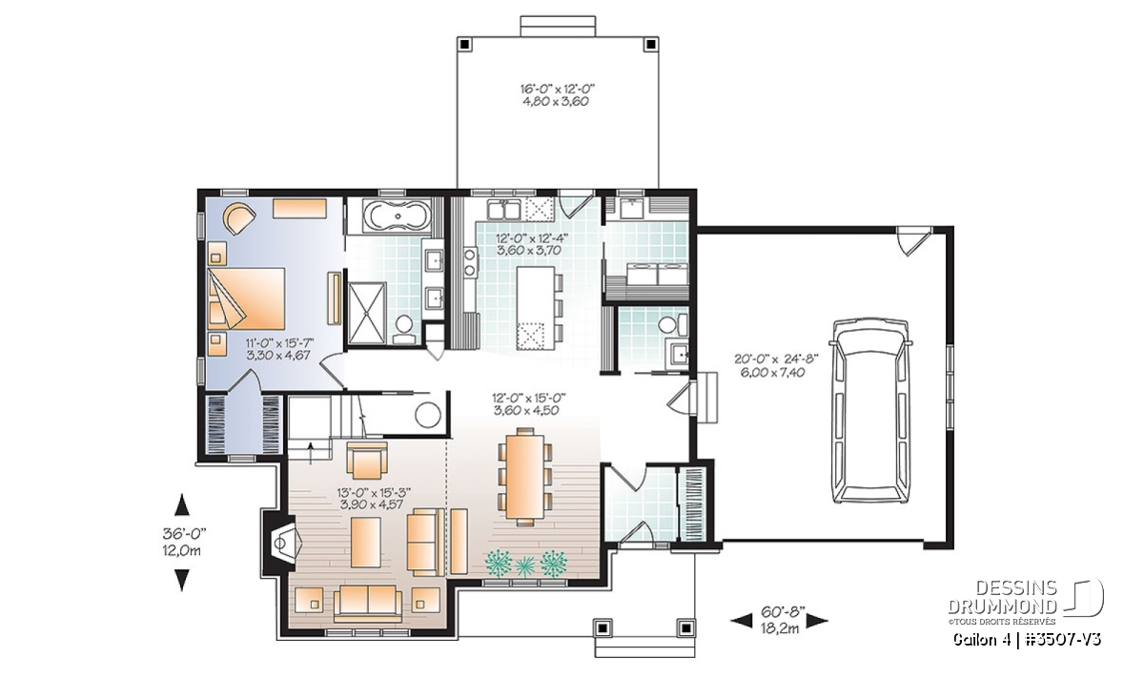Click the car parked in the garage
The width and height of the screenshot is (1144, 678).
tap(870, 411)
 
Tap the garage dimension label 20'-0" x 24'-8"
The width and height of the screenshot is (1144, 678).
tap(776, 360)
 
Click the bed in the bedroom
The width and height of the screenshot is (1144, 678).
tap(246, 298)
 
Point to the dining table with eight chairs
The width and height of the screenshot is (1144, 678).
tap(525, 477)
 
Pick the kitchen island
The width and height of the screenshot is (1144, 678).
tap(535, 308)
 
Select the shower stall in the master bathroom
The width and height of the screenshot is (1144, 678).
tap(367, 313)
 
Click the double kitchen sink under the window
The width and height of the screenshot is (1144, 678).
tap(503, 210)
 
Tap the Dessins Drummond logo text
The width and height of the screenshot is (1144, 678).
tap(1003, 597)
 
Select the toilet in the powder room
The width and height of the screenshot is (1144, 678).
tap(673, 325)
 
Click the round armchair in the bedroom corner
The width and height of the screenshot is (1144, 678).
tap(238, 218)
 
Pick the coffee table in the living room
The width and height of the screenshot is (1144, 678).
tap(366, 542)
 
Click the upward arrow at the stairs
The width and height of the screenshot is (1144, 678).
tap(311, 453)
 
